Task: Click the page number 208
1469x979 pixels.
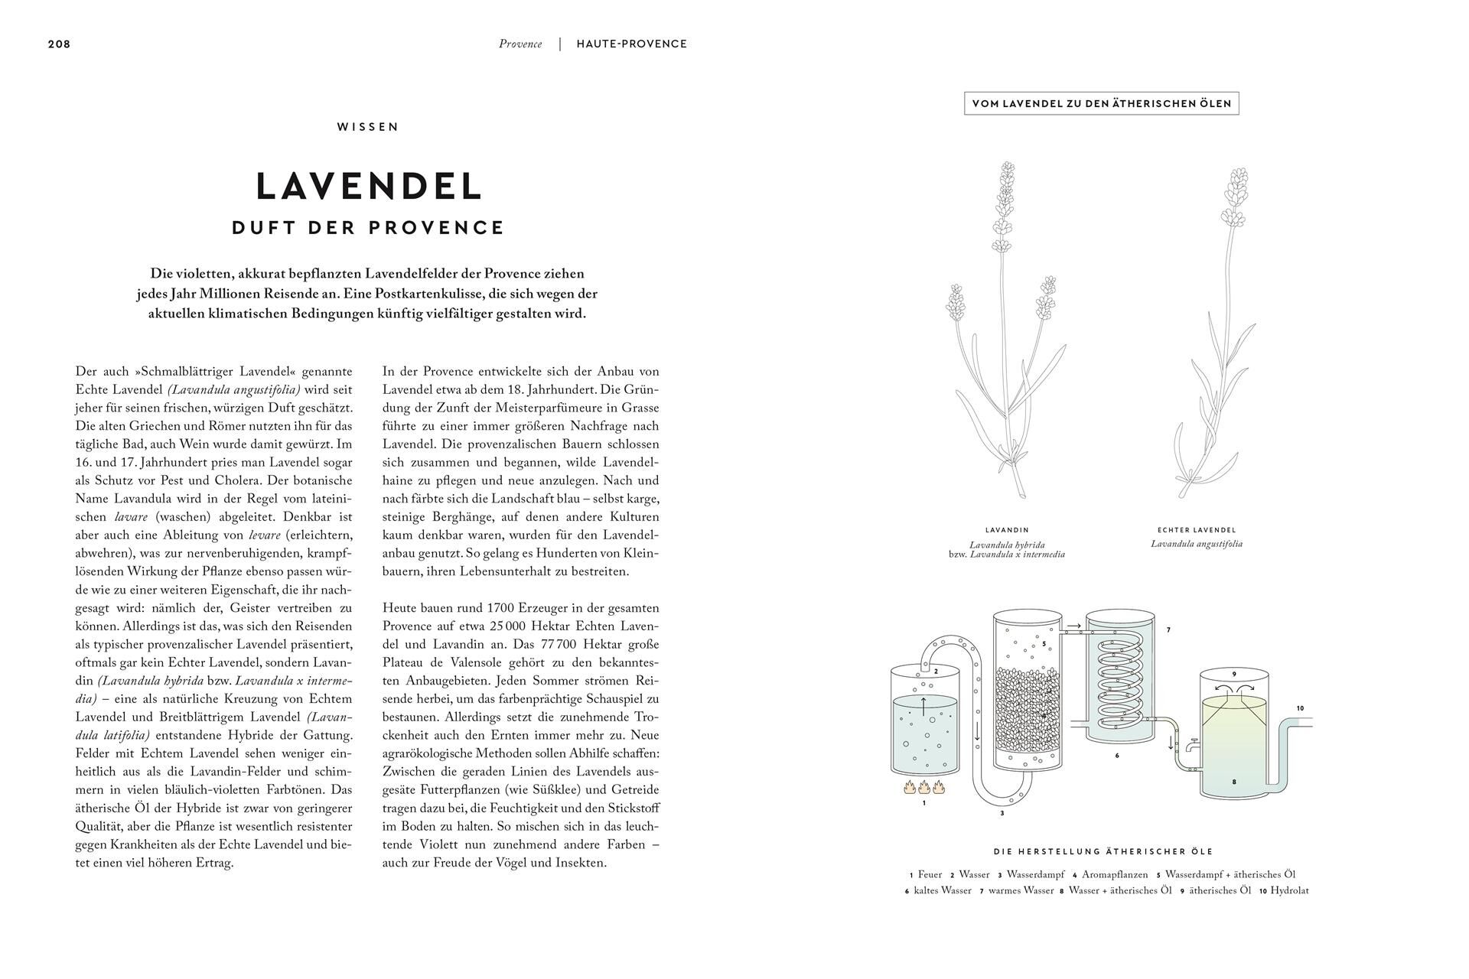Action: pos(59,44)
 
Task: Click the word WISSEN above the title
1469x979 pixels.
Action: pos(368,127)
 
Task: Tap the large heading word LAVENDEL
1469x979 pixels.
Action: pos(369,186)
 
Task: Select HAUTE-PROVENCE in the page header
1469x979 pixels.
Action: pos(632,44)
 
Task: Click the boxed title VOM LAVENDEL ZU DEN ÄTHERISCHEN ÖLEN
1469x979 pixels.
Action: pos(1101,103)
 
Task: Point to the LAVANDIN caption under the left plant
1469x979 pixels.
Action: pos(1007,530)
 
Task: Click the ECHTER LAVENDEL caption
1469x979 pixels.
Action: pos(1197,530)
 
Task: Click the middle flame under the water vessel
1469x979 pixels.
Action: pos(924,786)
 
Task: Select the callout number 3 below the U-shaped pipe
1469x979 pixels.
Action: pos(1002,813)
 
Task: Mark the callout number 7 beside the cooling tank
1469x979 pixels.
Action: pos(1168,630)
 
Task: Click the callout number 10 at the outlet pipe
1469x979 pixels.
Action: pos(1300,708)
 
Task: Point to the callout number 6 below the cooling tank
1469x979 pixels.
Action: pos(1117,756)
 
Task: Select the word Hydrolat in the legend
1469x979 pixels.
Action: pos(1290,890)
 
